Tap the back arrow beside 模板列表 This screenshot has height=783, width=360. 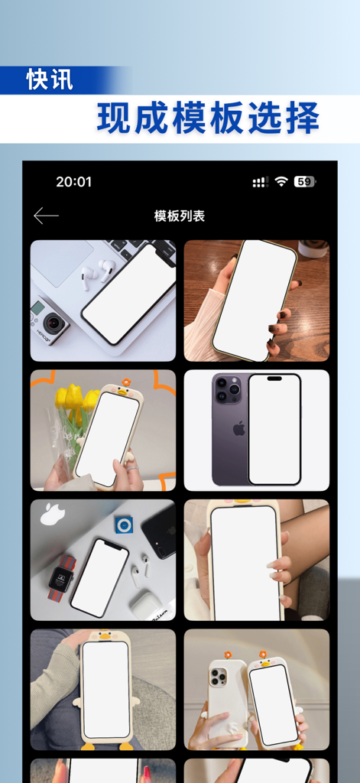coord(46,216)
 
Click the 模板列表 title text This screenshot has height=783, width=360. coord(180,216)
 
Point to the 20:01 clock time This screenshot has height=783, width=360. coord(73,182)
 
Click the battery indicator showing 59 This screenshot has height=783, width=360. coord(304,182)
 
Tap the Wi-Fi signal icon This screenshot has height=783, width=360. coord(281,182)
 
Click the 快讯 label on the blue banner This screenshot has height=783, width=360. coord(50,80)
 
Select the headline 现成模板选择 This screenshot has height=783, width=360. coord(207,118)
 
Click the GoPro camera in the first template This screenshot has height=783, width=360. coord(49,321)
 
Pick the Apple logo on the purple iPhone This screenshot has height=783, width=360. coord(238,429)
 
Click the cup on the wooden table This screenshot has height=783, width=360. coord(313,249)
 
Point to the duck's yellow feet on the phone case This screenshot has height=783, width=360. coord(106,744)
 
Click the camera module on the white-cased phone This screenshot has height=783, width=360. coord(218,677)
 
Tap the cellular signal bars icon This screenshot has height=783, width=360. coord(261,182)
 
